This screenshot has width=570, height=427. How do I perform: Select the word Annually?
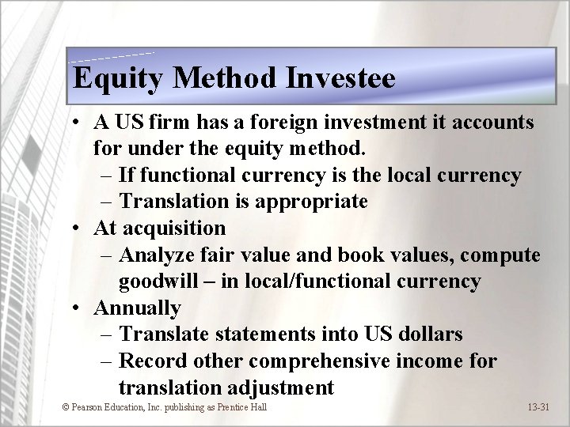click(x=137, y=308)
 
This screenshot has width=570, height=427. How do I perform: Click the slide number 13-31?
click(x=542, y=407)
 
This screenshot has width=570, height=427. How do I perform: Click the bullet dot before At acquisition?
click(x=74, y=229)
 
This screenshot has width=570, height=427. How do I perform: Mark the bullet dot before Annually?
click(x=74, y=308)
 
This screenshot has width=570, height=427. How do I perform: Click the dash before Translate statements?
click(x=109, y=334)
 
